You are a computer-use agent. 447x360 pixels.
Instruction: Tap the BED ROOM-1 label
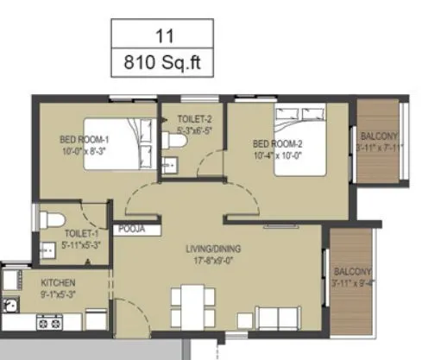[85, 139]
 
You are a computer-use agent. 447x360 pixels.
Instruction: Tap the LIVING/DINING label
[214, 250]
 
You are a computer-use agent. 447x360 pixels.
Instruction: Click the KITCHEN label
[59, 282]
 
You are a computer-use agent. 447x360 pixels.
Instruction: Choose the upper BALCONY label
[379, 136]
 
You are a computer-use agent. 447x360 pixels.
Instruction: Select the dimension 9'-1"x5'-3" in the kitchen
[59, 294]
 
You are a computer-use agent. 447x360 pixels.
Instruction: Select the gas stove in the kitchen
[50, 323]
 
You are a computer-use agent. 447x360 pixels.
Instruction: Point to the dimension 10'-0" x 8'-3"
[84, 150]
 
